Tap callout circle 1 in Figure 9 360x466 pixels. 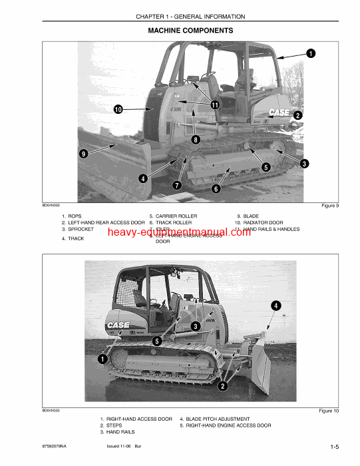coord(311,53)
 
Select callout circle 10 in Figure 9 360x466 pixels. coord(117,109)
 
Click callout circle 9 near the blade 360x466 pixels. coord(83,153)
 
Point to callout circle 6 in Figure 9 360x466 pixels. coord(216,189)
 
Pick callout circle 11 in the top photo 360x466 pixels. coord(215,105)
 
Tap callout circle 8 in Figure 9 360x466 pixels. coord(196,140)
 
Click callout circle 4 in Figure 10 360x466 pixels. coord(275,306)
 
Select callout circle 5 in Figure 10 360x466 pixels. coord(156,341)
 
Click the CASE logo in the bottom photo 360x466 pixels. coord(118,326)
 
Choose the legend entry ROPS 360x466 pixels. coord(75,216)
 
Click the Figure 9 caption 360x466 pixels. coord(329,206)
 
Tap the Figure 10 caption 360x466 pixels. coord(328,411)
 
